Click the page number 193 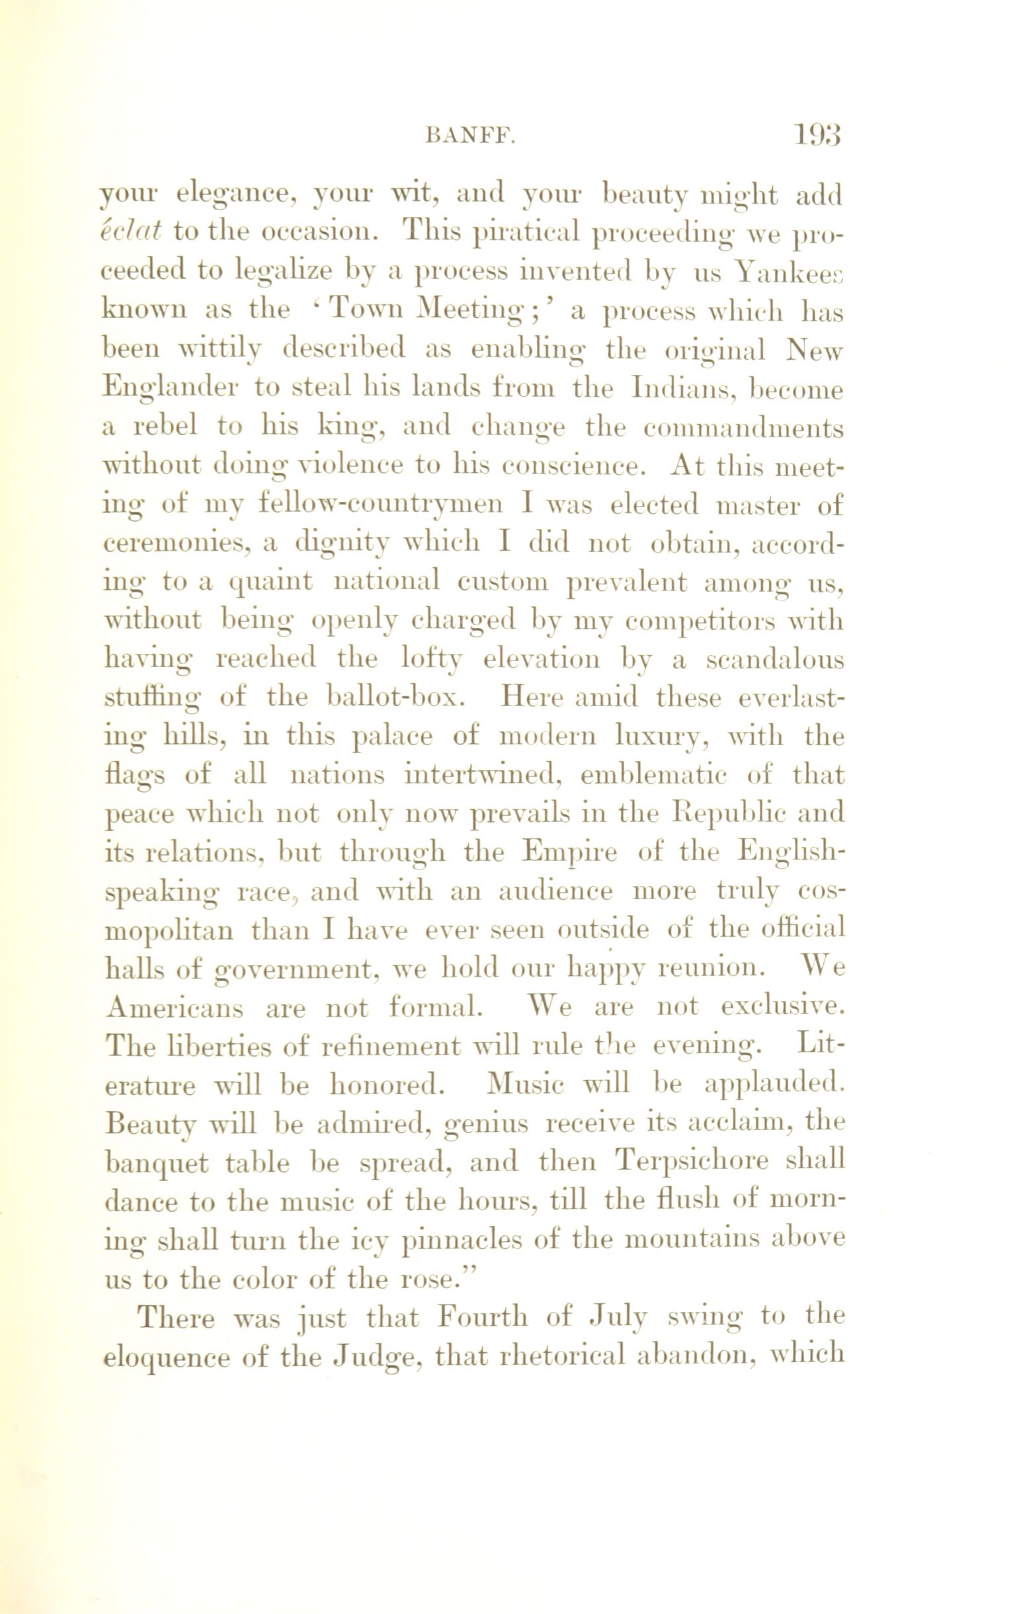[x=818, y=136]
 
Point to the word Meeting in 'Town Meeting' [x=470, y=310]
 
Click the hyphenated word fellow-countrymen [x=380, y=505]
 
